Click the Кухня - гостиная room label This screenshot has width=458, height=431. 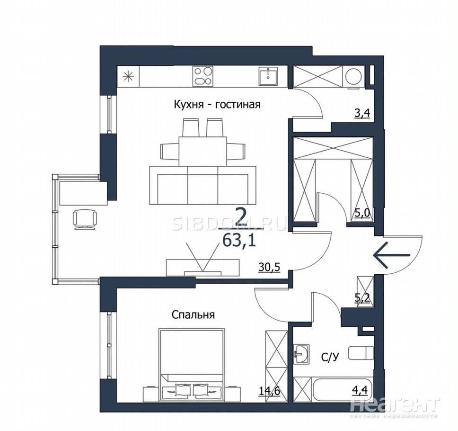217,105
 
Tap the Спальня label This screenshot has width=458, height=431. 193,315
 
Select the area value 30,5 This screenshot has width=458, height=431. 269,267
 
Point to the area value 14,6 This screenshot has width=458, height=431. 270,390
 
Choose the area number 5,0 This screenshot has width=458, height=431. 362,213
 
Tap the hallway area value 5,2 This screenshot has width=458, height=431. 362,298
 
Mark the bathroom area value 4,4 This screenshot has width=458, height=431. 362,390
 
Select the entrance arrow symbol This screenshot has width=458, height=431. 392,255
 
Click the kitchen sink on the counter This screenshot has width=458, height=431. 268,76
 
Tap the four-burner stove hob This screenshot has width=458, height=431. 203,76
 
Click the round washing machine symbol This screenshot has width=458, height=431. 354,77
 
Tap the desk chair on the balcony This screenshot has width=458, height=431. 85,219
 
